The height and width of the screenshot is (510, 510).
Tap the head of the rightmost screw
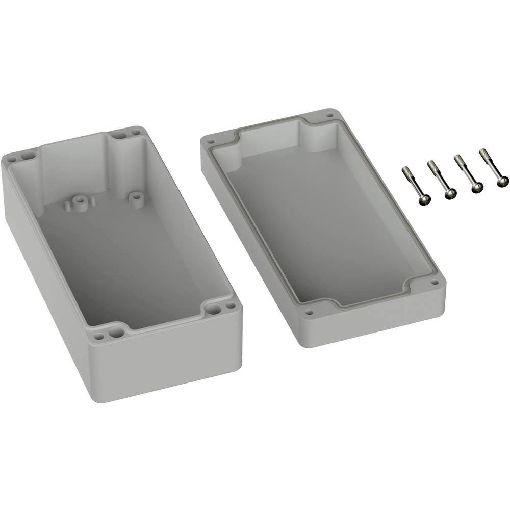click(x=502, y=181)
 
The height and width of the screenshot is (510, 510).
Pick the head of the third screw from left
click(x=476, y=188)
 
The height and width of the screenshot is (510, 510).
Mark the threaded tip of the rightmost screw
click(x=482, y=152)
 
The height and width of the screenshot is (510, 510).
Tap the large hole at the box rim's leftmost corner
click(x=25, y=153)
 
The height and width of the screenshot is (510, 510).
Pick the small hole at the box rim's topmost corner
click(x=135, y=132)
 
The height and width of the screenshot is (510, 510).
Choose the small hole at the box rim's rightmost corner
click(x=229, y=305)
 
